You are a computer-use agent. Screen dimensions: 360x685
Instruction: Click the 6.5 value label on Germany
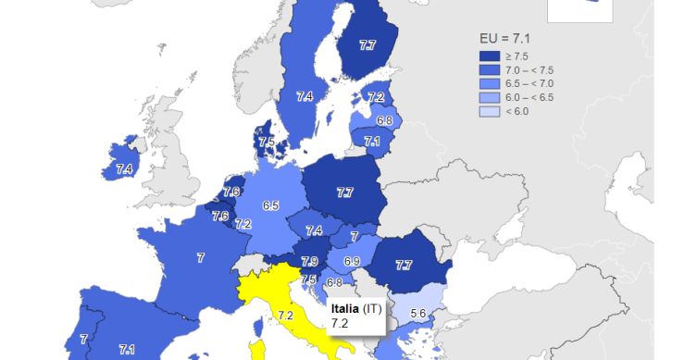pos(271,205)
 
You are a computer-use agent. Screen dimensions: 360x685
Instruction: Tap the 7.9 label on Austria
pos(310,262)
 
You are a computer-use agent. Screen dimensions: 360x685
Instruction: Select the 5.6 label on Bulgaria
pos(417,314)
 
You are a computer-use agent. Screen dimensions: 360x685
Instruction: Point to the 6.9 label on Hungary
pos(352,263)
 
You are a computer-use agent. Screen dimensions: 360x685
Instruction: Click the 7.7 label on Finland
pos(367,44)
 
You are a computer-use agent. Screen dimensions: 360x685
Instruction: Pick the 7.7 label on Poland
pos(344,192)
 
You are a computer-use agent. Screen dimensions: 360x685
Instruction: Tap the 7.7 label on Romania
pos(404,265)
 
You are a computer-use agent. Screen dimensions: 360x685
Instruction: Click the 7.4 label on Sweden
pos(305,96)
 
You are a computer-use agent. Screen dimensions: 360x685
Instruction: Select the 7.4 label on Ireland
pos(124,169)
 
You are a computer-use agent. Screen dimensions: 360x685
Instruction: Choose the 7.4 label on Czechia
pos(315,230)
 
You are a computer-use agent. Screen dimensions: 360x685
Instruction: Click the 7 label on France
pos(201,258)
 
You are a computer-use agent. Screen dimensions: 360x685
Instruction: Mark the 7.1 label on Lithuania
pos(372,142)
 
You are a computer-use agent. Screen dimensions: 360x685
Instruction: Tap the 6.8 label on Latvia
pos(384,120)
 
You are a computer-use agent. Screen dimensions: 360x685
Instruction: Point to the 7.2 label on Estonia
pos(376,97)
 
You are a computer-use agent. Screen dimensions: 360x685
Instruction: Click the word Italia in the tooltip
pos(345,308)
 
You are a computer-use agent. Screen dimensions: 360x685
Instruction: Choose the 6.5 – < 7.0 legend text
pos(529,83)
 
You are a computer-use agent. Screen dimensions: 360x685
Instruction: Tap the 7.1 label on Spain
pos(127,349)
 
